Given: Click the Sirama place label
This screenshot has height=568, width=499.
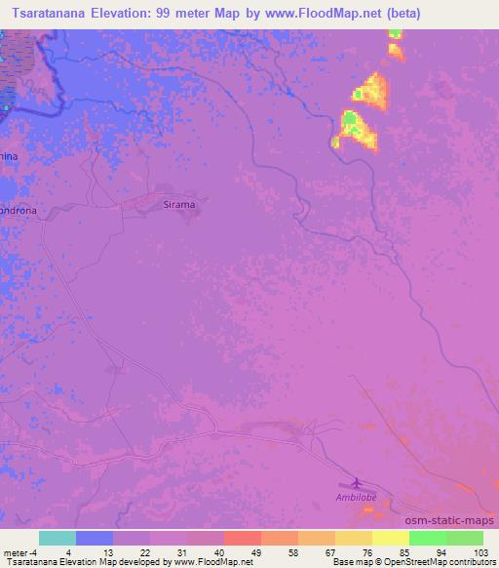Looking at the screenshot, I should tap(178, 204).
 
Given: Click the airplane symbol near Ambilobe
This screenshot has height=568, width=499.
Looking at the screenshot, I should tap(355, 482).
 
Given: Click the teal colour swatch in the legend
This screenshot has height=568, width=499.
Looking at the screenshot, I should tap(58, 537).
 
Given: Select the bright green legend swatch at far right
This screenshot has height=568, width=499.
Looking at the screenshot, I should tap(464, 537).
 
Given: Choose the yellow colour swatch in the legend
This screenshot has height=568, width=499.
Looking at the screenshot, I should tap(390, 537).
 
